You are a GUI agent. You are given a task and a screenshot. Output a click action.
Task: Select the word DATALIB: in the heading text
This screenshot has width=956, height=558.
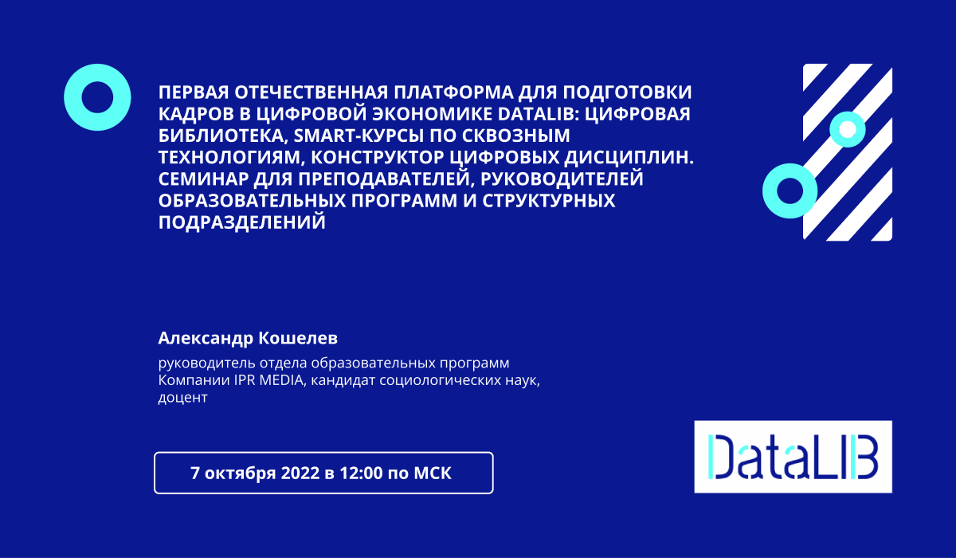[x=538, y=114]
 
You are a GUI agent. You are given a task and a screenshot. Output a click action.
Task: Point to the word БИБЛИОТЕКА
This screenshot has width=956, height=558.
[x=221, y=136]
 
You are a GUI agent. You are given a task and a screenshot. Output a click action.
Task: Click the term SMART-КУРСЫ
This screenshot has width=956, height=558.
[x=358, y=136]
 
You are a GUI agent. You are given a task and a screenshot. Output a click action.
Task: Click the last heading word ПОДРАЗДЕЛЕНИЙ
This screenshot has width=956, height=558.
[x=242, y=222]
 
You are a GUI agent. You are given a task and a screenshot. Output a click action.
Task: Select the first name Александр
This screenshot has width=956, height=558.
[x=206, y=339]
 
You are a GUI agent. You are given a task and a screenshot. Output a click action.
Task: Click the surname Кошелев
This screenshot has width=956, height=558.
[x=298, y=338]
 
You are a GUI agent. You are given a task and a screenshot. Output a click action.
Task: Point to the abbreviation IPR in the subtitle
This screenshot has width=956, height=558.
[x=245, y=380]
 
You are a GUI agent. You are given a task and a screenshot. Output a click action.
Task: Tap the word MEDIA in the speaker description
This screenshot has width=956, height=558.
[x=282, y=380]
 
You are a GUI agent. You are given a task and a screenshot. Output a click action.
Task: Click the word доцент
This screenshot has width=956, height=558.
[x=183, y=398]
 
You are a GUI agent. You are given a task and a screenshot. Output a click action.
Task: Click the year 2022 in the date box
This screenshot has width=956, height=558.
[x=300, y=473]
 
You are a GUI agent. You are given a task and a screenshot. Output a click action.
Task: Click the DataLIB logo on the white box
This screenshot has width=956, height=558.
[x=793, y=457]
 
